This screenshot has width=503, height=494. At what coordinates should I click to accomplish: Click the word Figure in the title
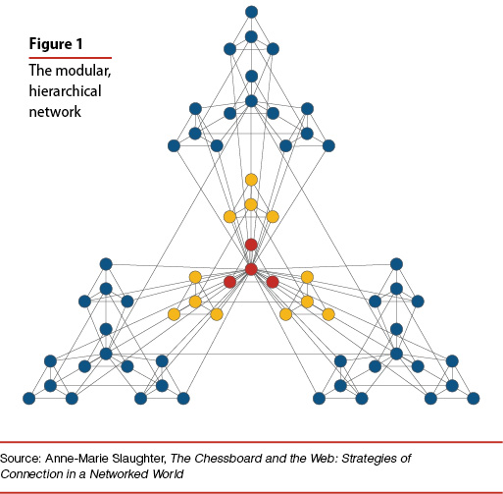pos(51,44)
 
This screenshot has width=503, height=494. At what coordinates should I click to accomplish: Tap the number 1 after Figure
pos(79,44)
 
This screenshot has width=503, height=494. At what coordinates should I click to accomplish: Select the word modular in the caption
pos(83,71)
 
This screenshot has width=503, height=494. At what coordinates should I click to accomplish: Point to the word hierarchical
pos(65,91)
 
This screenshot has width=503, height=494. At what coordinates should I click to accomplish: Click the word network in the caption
pos(55,112)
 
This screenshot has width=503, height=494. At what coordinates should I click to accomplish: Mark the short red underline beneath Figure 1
pos(71,58)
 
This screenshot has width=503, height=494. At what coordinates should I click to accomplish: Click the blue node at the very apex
pos(251,12)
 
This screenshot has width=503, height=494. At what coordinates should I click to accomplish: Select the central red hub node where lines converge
pos(251,269)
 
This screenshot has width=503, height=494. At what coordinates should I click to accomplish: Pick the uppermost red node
pos(251,245)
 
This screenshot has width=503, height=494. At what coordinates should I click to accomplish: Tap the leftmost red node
pos(229,282)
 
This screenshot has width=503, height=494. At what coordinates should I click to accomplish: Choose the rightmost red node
pos(273,282)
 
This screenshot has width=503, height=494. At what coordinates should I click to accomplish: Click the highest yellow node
pos(251,180)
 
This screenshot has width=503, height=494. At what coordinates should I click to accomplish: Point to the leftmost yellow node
pos(174,314)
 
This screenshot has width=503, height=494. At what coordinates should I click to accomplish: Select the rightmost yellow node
pos(328,314)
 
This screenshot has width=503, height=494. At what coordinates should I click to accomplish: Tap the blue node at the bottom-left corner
pos(28,399)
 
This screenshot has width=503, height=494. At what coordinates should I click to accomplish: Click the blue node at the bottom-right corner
pos(474,399)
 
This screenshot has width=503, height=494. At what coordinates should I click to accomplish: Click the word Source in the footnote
pos(21,459)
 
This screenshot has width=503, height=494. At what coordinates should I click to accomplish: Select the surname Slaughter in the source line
pos(138,459)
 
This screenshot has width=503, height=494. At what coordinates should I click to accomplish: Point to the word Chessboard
pos(227,459)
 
